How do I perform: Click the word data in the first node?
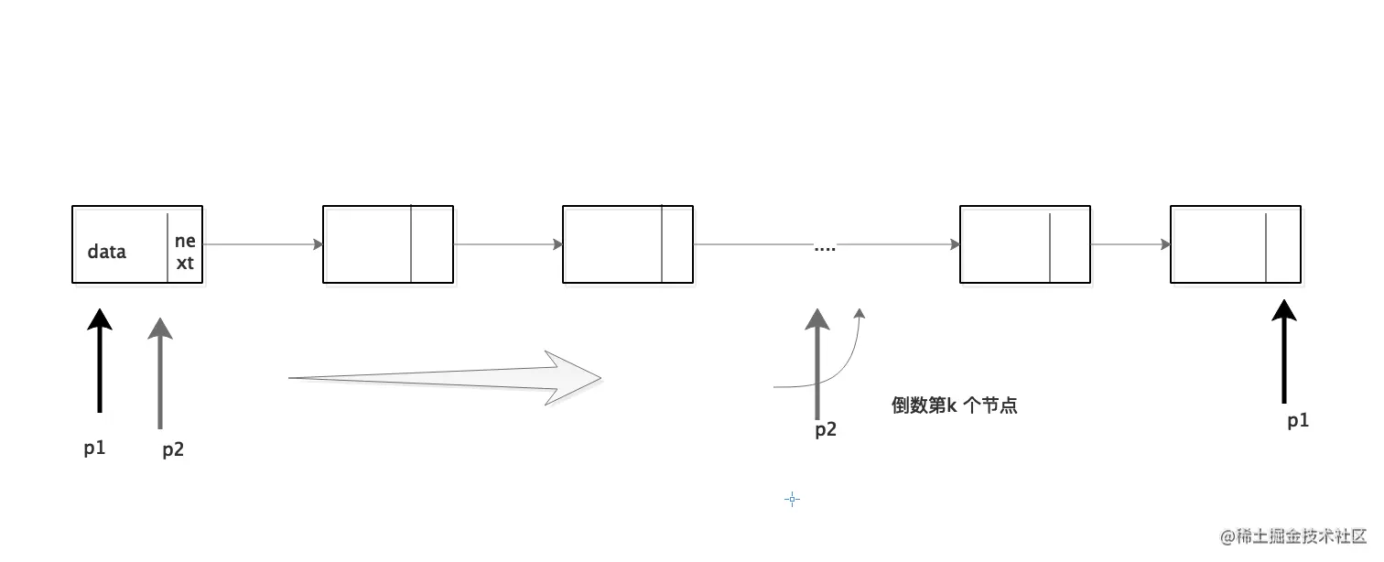(107, 251)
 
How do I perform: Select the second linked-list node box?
(387, 244)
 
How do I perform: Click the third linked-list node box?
(628, 244)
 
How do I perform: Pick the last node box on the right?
(1235, 244)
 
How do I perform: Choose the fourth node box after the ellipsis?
(1024, 244)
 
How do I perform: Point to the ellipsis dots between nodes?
(825, 248)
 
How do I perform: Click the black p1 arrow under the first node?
(100, 362)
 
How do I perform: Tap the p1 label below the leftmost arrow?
(94, 449)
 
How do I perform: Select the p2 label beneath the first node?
(173, 449)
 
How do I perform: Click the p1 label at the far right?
(1298, 421)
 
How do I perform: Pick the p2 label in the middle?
(826, 430)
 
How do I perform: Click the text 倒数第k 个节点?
(954, 405)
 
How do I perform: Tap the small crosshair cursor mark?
(793, 499)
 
